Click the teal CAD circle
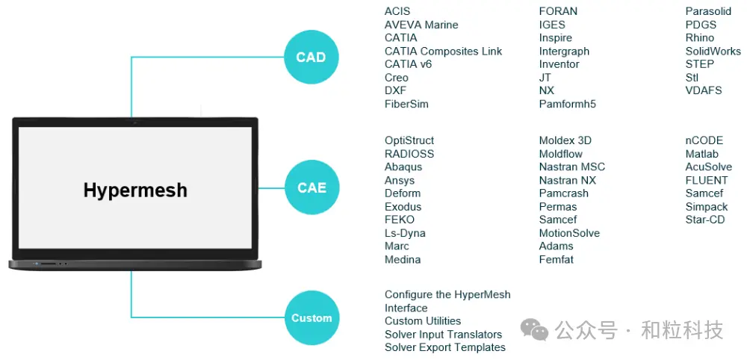(x=311, y=58)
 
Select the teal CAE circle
(x=311, y=187)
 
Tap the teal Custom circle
(x=311, y=317)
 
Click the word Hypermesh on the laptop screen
(x=135, y=190)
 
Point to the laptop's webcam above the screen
(x=134, y=122)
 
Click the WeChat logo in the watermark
(x=535, y=329)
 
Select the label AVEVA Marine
(x=421, y=25)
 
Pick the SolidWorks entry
(x=713, y=51)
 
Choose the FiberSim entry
(x=406, y=104)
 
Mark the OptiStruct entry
(x=409, y=141)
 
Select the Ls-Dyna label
(x=405, y=233)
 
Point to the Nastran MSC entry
(x=572, y=167)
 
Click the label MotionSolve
(x=569, y=233)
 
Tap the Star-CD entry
(x=705, y=220)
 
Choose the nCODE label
(x=704, y=141)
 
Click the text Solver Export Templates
(x=445, y=347)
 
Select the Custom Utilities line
(x=423, y=321)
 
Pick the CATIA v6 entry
(x=409, y=64)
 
